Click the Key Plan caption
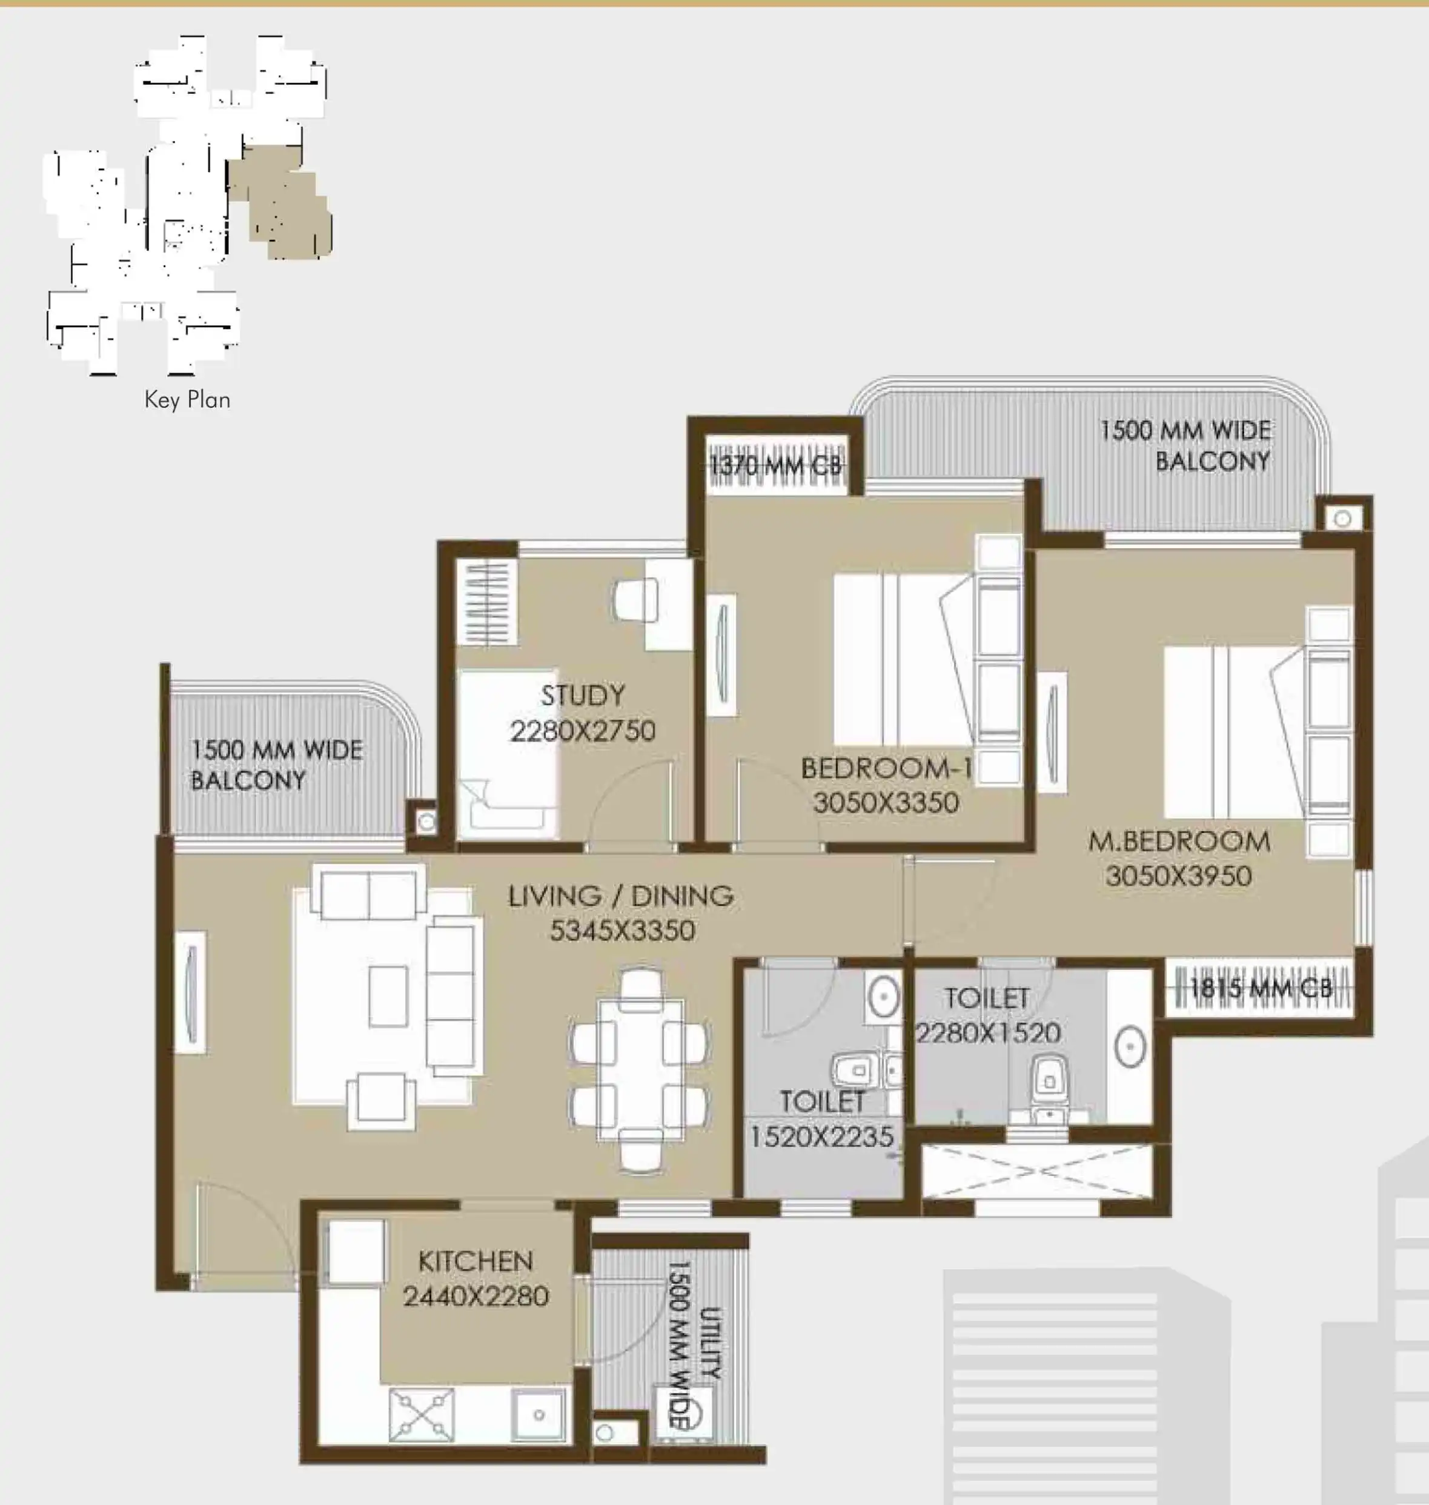(x=187, y=400)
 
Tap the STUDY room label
(x=583, y=695)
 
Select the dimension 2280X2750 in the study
(x=583, y=731)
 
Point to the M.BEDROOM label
(x=1179, y=842)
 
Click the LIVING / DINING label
(x=621, y=896)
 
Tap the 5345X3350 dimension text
(x=622, y=931)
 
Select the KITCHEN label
(x=476, y=1261)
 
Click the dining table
(x=641, y=1069)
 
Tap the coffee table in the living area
(x=388, y=996)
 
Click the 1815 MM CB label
(x=1261, y=988)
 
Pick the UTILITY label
(x=710, y=1342)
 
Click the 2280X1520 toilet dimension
(x=988, y=1033)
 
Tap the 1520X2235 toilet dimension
(x=822, y=1137)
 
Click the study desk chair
(x=635, y=600)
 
